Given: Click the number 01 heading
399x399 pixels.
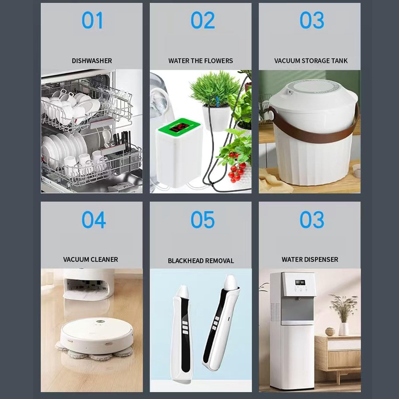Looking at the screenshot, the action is [x=92, y=20].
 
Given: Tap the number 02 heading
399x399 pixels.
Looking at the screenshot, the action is [x=203, y=20].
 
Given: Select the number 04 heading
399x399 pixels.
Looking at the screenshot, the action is [x=93, y=219].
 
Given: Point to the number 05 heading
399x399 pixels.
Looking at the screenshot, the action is [x=203, y=219].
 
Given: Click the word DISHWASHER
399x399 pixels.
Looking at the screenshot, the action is [x=92, y=61].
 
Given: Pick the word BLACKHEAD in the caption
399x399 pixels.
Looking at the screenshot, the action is [x=185, y=261].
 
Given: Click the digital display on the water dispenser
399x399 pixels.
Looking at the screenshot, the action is [x=300, y=282].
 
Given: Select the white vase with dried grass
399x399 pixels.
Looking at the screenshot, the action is [x=344, y=329].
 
